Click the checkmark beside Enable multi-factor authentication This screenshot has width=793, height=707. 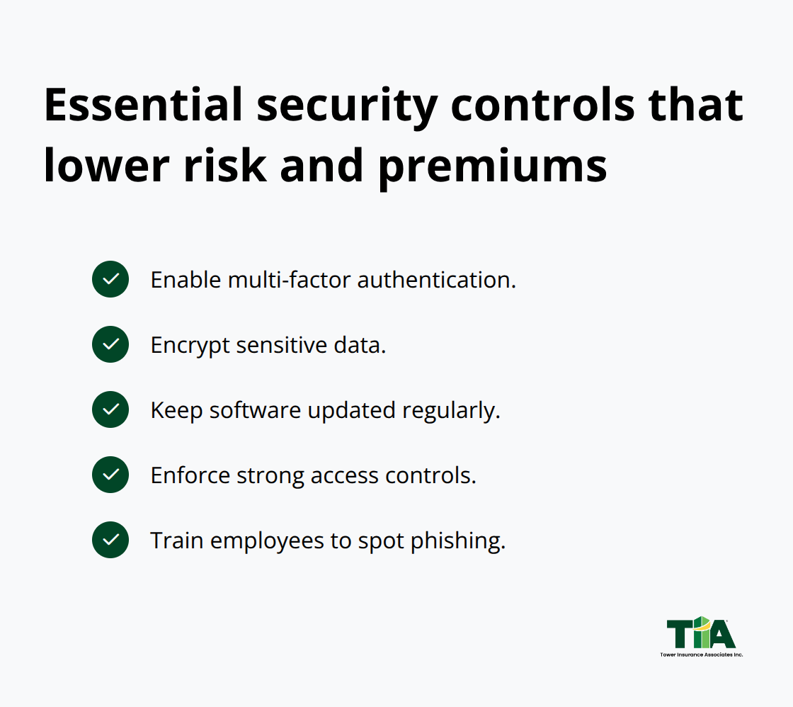110,279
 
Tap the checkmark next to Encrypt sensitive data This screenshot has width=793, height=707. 110,344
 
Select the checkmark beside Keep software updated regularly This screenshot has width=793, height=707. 110,409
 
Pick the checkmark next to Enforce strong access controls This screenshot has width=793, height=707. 110,475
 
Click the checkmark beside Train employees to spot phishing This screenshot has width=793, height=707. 110,540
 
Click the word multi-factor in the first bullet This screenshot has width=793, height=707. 289,280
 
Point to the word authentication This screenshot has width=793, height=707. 435,280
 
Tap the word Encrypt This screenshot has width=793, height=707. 190,346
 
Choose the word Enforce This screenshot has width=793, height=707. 190,475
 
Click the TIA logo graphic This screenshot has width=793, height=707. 701,632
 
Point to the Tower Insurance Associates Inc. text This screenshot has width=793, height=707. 701,655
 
